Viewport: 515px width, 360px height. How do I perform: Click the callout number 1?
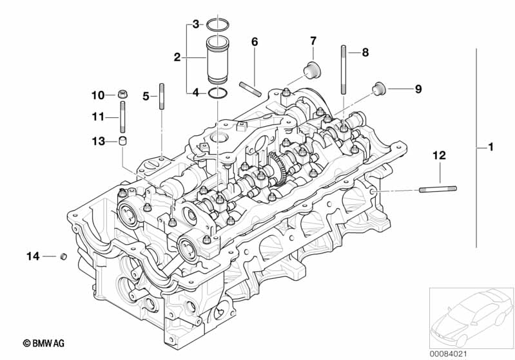tap(491, 147)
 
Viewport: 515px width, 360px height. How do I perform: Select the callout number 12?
tap(439, 155)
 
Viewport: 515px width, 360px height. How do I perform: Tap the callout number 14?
tap(33, 256)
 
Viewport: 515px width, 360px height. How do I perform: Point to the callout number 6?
tap(255, 42)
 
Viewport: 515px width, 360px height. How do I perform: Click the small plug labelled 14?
tap(63, 256)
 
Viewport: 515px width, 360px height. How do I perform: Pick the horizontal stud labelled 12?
tap(438, 189)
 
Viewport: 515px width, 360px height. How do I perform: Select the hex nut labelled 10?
tap(122, 94)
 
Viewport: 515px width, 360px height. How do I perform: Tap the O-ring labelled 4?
tap(217, 93)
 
